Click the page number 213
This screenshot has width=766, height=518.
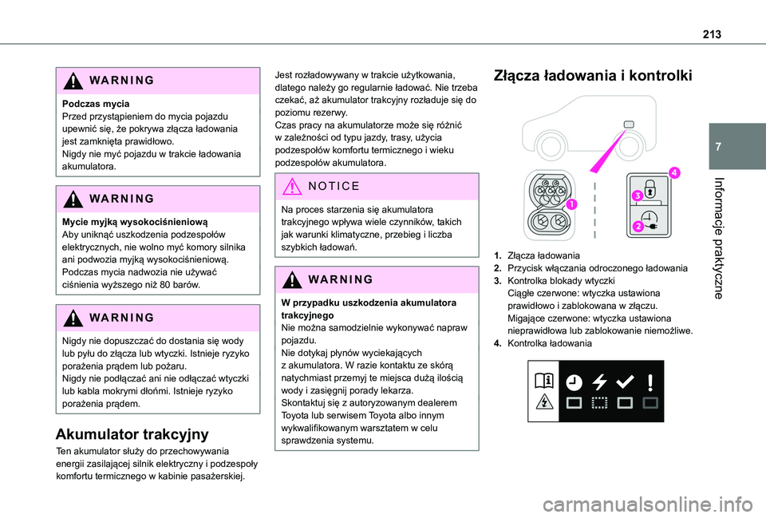[x=712, y=34]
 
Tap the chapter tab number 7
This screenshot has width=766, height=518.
[x=717, y=147]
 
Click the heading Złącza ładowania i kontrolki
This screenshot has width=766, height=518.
[x=593, y=76]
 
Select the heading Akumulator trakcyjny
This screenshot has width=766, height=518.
[x=132, y=434]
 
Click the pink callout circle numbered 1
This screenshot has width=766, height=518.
[x=571, y=204]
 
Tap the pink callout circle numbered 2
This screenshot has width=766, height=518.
[x=638, y=226]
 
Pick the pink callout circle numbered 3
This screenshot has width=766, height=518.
[x=637, y=196]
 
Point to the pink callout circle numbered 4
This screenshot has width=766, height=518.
[x=674, y=172]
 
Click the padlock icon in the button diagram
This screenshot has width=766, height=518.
[x=650, y=188]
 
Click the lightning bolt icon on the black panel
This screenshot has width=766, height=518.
[x=599, y=382]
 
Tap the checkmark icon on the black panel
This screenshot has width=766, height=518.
[x=625, y=382]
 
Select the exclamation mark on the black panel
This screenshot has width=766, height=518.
[x=650, y=382]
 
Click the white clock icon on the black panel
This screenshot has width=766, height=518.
[x=574, y=382]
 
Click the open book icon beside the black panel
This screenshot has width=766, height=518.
[x=543, y=380]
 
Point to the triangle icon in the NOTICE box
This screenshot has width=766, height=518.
[x=292, y=187]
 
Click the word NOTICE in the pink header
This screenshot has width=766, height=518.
[x=334, y=186]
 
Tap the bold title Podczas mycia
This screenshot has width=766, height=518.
[x=96, y=104]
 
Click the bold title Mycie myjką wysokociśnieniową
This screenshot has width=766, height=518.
[x=135, y=222]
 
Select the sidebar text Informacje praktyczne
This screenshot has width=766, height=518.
[x=718, y=238]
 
